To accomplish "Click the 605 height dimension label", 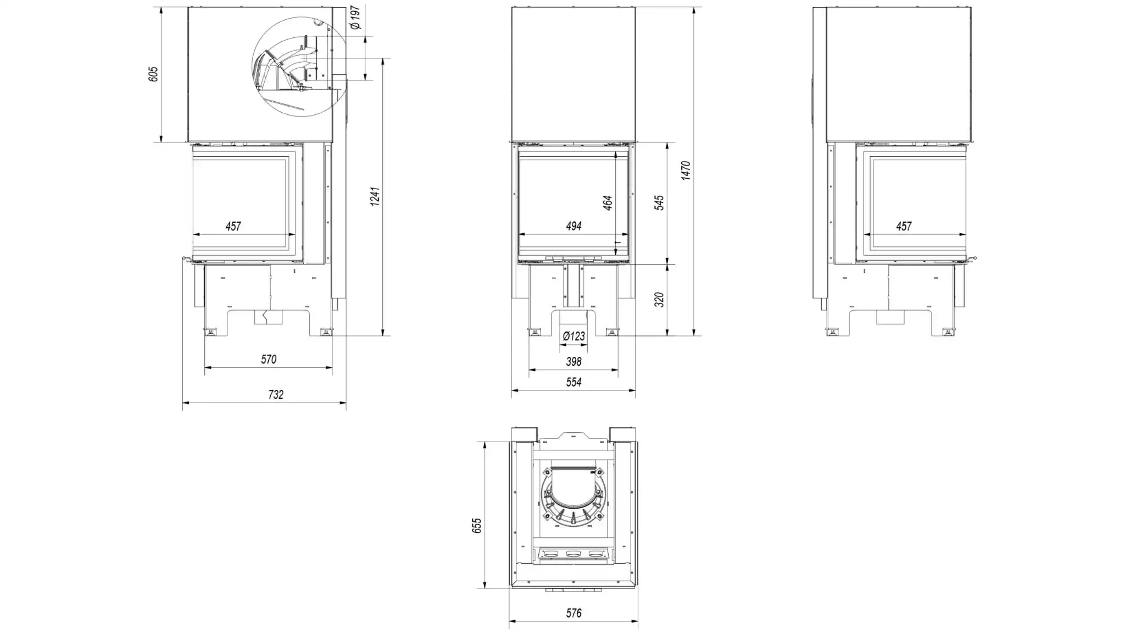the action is [x=153, y=74].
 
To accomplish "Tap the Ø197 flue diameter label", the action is [x=355, y=18].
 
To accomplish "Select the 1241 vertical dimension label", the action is [x=375, y=197].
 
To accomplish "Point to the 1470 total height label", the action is [x=686, y=170].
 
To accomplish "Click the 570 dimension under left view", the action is [x=269, y=359].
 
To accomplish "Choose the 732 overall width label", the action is [x=276, y=394].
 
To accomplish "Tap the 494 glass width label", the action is [x=573, y=226].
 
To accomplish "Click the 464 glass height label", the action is [x=607, y=202].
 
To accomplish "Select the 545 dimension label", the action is [x=659, y=202].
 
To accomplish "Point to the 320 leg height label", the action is [x=659, y=299].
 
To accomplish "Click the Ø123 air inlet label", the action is [x=574, y=335].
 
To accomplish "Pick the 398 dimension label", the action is [x=573, y=361].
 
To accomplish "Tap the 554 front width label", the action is [x=573, y=382].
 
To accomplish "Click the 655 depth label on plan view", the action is [x=477, y=525].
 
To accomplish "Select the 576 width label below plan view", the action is [x=573, y=613].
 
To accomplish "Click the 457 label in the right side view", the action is [x=904, y=226].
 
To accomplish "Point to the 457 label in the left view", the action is [x=233, y=226].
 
